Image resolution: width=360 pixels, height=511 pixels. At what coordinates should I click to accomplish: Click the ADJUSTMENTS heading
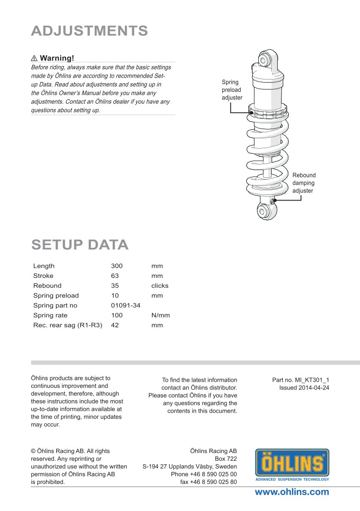point(90,31)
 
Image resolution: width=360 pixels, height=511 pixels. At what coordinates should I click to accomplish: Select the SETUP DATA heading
point(80,244)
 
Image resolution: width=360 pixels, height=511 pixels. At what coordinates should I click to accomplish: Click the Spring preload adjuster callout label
point(232,90)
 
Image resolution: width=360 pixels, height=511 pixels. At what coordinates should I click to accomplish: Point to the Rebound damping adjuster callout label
point(304,183)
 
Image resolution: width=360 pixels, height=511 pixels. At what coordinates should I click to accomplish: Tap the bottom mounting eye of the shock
point(264,211)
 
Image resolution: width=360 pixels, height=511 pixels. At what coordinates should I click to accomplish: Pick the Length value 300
point(117,266)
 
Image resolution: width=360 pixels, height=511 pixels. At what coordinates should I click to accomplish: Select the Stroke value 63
point(115,276)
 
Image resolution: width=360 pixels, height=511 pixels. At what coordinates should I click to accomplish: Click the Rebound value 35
point(115,286)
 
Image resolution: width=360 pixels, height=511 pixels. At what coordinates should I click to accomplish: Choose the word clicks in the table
point(160,286)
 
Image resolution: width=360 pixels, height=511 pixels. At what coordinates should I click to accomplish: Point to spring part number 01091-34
point(126,306)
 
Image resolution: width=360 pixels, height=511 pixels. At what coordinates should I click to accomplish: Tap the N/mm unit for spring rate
point(160,316)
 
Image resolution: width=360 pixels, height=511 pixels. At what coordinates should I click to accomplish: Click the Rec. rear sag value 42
point(115,325)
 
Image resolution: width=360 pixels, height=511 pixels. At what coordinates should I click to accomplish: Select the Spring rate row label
point(50,316)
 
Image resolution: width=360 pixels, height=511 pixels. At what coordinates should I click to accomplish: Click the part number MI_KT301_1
point(312,380)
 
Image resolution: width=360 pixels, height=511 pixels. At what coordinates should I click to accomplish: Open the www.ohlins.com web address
point(292,492)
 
